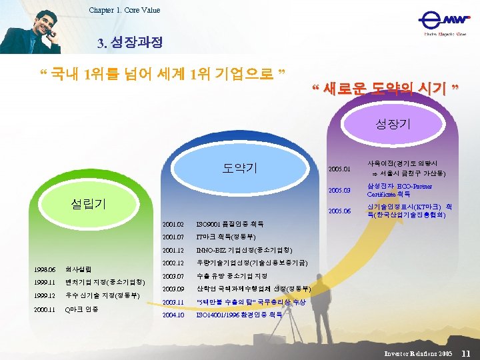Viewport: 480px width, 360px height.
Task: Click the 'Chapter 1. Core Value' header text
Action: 124,10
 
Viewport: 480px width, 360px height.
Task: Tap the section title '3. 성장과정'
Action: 129,43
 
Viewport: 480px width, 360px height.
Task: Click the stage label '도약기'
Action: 239,167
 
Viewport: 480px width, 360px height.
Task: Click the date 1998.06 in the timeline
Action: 45,269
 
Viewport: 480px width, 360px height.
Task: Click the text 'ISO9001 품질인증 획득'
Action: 229,224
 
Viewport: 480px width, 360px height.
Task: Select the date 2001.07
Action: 173,237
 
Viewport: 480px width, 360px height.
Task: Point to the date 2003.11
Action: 173,302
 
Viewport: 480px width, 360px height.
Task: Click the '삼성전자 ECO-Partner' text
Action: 399,187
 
